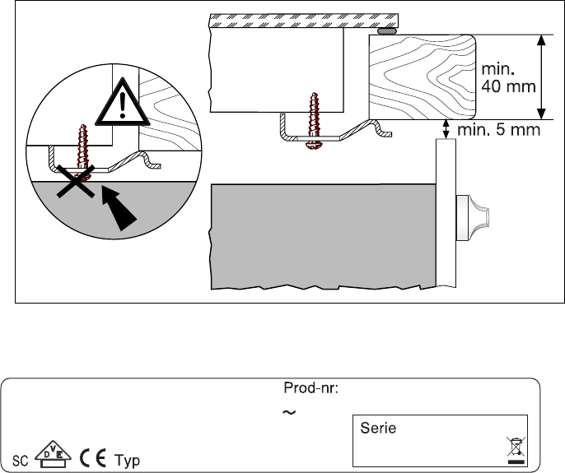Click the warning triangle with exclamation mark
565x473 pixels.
[x=123, y=103]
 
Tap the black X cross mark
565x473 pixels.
[x=76, y=182]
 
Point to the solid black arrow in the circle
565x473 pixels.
[x=118, y=206]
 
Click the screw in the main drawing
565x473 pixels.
[x=315, y=120]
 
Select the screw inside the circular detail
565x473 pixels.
[x=83, y=151]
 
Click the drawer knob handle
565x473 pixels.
[x=472, y=218]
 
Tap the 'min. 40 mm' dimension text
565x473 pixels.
[x=508, y=78]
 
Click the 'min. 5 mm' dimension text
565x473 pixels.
[x=499, y=130]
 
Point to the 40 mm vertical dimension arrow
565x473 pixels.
[x=541, y=77]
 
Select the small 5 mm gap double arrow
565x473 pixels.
[x=446, y=129]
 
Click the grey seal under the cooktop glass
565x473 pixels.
[x=387, y=31]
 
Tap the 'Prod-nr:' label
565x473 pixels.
[x=311, y=388]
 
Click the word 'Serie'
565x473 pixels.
[x=378, y=428]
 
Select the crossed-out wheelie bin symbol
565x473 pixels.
[x=516, y=450]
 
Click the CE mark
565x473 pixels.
[x=93, y=458]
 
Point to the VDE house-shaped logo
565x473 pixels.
[x=53, y=454]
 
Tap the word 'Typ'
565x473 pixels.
[x=127, y=461]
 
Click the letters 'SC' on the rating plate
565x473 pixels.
[x=20, y=461]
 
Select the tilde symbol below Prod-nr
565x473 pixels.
[x=289, y=412]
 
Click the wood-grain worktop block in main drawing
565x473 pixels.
[x=423, y=77]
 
